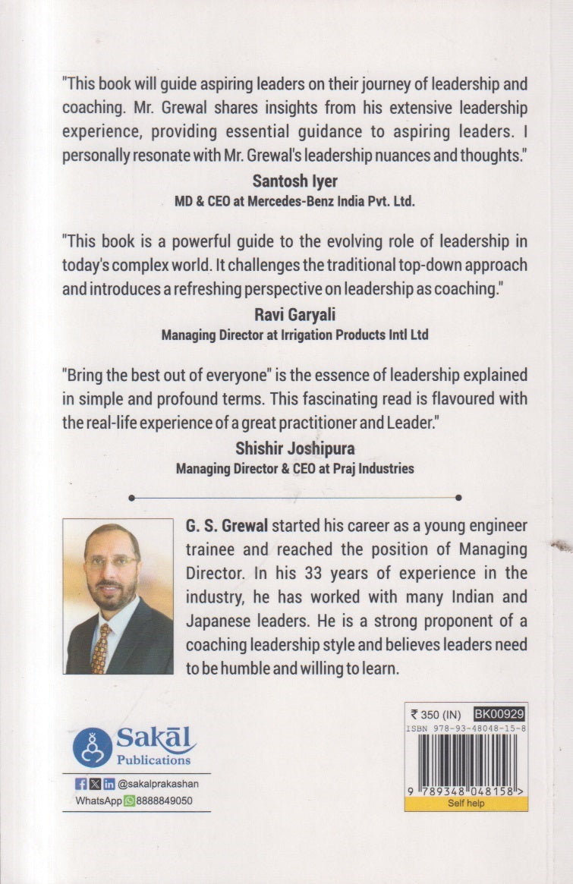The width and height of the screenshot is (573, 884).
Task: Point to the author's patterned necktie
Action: pyautogui.click(x=100, y=648)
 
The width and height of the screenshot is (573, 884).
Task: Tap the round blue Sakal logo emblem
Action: pyautogui.click(x=93, y=747)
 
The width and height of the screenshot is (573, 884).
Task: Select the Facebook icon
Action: pyautogui.click(x=81, y=785)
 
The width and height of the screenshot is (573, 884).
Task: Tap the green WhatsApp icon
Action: pyautogui.click(x=129, y=801)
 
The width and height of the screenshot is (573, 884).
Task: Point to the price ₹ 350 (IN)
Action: pyautogui.click(x=436, y=713)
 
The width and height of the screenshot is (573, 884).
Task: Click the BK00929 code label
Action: pyautogui.click(x=499, y=713)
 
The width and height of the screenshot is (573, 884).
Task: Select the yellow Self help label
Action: pyautogui.click(x=465, y=804)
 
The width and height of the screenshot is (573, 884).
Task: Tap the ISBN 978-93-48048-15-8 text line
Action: pyautogui.click(x=466, y=727)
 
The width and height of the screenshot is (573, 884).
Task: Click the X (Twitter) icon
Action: pyautogui.click(x=95, y=785)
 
